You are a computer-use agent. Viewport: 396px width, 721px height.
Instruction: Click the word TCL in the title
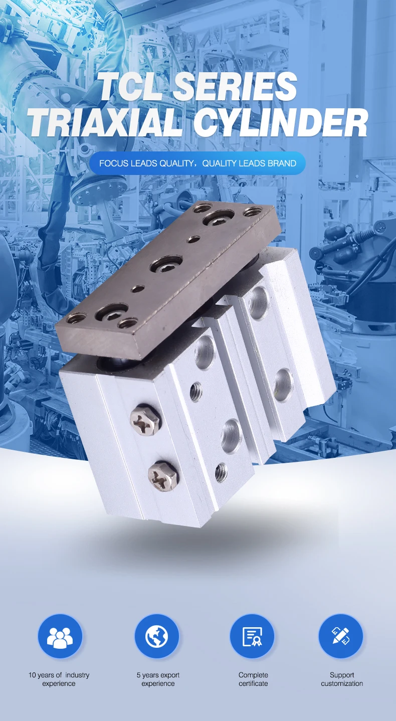point(131,86)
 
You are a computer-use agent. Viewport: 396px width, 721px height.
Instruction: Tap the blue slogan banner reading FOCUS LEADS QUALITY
point(197,163)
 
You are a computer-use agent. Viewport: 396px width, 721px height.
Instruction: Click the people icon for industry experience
point(60,636)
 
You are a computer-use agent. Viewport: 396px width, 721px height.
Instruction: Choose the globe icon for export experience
point(156,636)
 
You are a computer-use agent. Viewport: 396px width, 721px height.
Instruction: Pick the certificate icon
point(252,636)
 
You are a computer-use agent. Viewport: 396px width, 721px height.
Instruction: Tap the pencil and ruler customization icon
point(341,636)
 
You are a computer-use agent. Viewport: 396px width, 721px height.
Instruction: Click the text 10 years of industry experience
point(59,679)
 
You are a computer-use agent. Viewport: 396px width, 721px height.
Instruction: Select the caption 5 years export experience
point(158,679)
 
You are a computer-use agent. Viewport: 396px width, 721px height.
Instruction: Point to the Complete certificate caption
point(253,679)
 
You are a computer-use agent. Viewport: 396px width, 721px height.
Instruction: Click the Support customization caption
point(342,679)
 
